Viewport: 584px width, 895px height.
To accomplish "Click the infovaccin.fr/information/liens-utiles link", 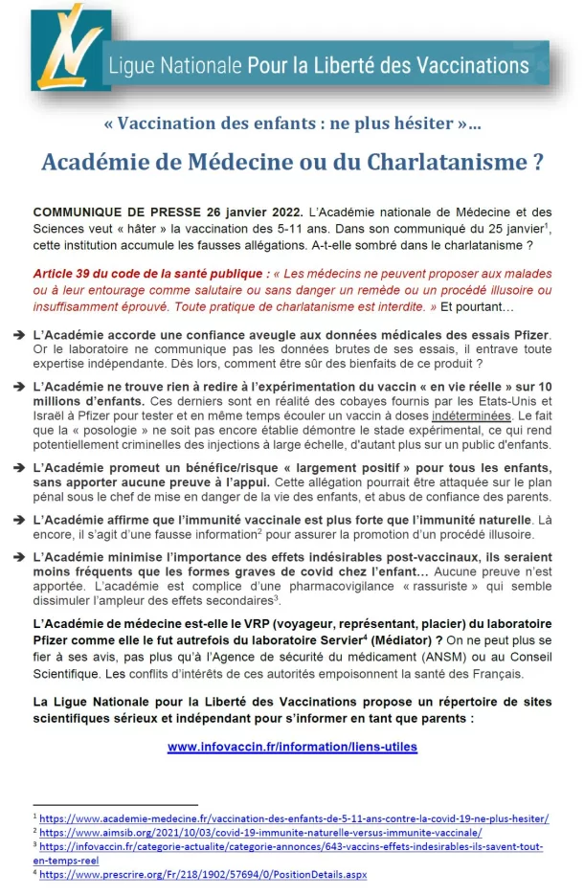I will coord(292,747).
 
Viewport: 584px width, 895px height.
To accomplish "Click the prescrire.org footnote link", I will coord(203,874).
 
